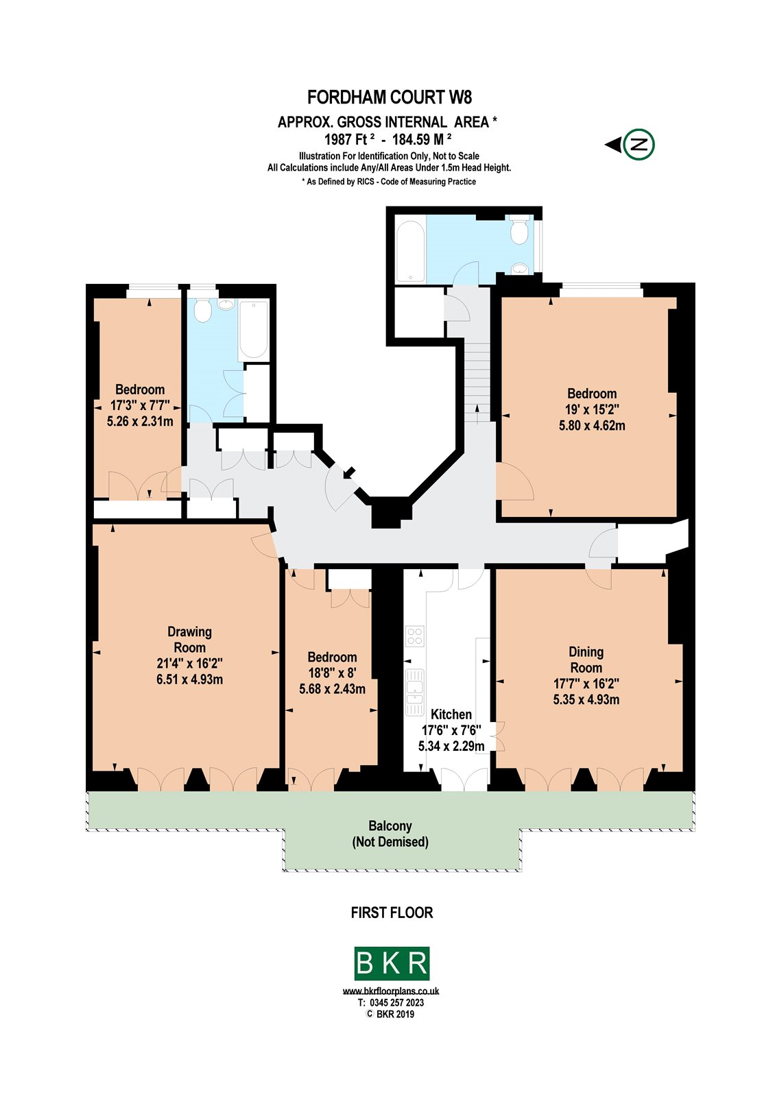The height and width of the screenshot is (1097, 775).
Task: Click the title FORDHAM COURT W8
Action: click(x=390, y=97)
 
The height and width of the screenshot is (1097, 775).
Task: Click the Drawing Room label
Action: click(x=189, y=640)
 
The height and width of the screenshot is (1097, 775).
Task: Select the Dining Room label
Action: click(x=586, y=660)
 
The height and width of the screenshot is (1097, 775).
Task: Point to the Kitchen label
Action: click(x=451, y=714)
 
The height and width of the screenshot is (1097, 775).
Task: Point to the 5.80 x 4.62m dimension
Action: click(x=592, y=426)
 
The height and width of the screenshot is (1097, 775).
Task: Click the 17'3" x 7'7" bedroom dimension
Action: click(x=140, y=405)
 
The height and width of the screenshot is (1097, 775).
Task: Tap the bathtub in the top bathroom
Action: click(x=410, y=252)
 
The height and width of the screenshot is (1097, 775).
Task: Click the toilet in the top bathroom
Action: click(x=518, y=230)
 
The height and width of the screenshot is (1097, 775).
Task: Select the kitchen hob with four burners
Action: click(x=414, y=636)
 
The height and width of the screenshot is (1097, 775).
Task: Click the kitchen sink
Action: click(x=414, y=693)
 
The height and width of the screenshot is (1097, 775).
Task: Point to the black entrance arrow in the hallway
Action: click(x=349, y=472)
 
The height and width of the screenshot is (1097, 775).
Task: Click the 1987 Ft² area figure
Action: click(x=349, y=139)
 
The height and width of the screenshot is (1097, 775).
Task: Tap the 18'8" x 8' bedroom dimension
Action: click(x=332, y=673)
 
